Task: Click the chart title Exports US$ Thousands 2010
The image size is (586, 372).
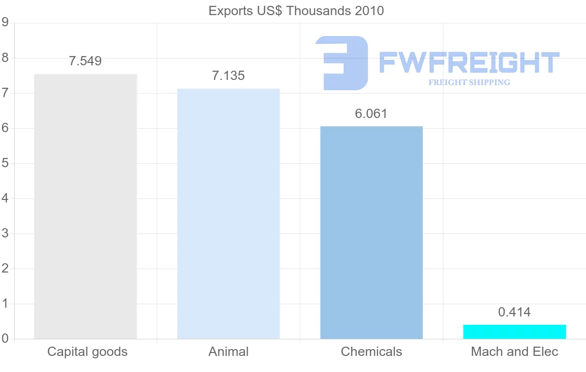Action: pos(296,11)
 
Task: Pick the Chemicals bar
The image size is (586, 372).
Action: pos(372,233)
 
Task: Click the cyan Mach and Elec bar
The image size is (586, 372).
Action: pos(514,332)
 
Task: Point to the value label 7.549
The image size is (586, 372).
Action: pos(85,61)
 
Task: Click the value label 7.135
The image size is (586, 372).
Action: pos(229,76)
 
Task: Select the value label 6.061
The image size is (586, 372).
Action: pos(371,114)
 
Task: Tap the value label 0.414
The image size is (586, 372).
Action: pos(514,312)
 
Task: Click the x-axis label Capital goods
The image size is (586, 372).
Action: pos(87,352)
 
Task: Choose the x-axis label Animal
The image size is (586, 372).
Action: pos(229,352)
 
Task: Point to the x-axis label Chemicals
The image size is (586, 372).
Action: pos(372,352)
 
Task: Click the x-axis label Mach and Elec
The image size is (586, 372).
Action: pos(514,352)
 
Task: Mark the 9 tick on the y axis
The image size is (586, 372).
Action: pos(5,22)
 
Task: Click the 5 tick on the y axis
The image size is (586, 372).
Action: pos(5,163)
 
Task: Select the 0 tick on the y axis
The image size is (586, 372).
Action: pos(5,339)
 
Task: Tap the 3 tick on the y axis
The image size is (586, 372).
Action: pos(5,234)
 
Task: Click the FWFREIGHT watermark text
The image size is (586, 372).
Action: pos(469,62)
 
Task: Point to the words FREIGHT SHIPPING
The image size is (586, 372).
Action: pos(469,82)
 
